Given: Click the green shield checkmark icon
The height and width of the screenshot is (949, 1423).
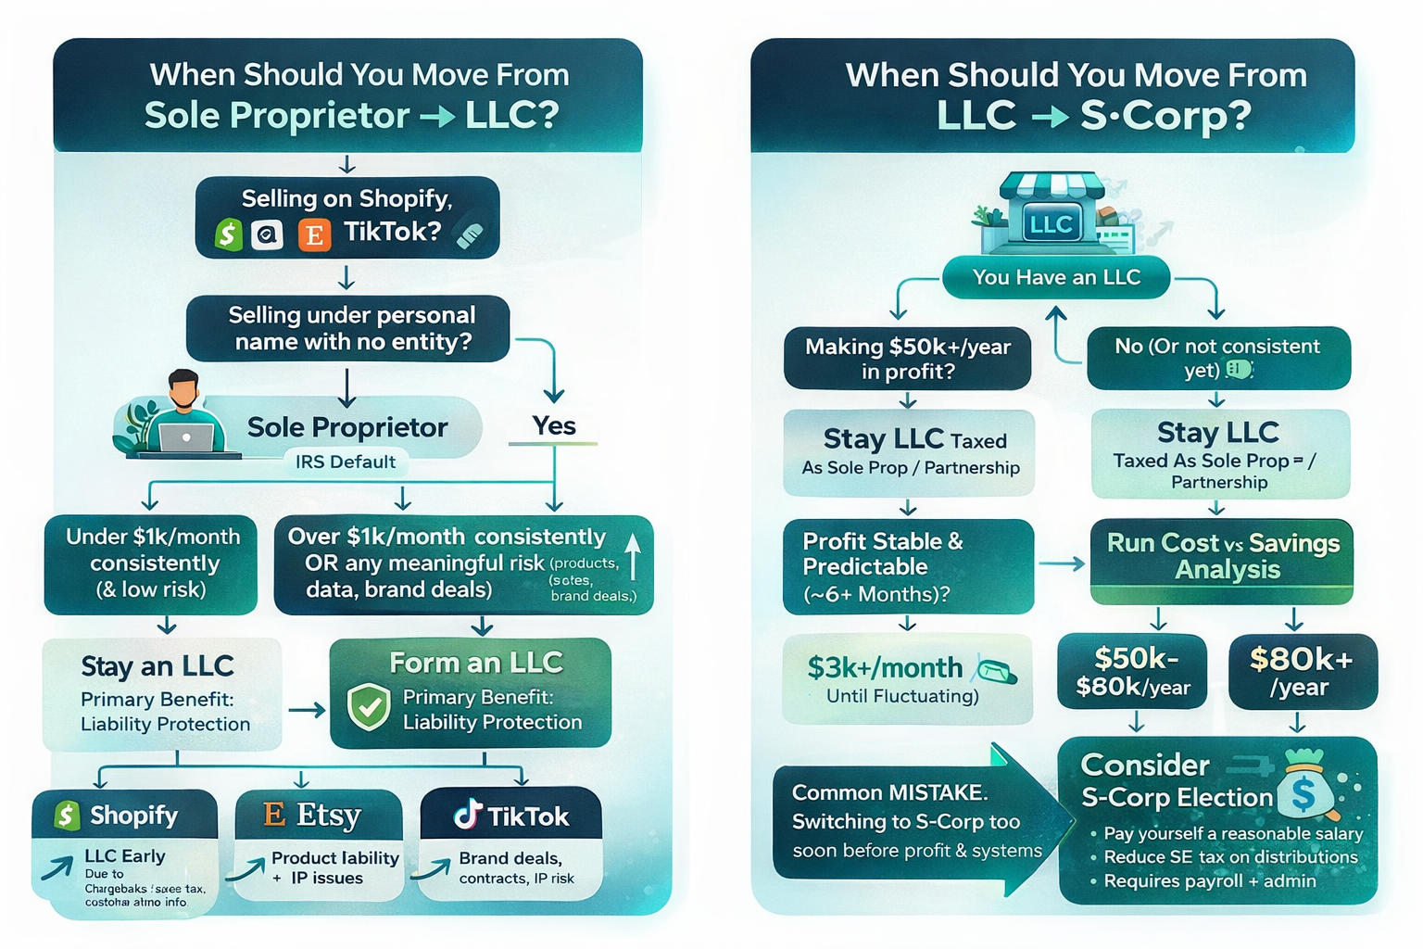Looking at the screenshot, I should (368, 708).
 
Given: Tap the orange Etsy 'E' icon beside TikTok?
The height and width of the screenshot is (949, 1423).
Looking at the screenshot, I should (314, 235).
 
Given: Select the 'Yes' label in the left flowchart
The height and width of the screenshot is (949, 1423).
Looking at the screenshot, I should (554, 425).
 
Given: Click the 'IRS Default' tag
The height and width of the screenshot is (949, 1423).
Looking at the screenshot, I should (345, 462).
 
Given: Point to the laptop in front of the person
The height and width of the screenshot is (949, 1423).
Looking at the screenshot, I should (186, 437).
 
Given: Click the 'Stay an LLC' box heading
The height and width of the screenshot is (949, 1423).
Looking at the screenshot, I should (157, 666).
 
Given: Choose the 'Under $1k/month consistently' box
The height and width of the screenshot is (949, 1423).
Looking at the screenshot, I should (152, 563).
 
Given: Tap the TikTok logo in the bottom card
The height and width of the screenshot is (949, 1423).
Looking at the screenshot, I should (468, 815).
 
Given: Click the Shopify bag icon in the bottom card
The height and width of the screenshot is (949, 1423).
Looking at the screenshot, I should (67, 816).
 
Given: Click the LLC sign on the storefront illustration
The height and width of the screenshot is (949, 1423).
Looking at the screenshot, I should (1051, 224).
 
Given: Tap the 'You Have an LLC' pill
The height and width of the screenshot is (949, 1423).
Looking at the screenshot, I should (1056, 277).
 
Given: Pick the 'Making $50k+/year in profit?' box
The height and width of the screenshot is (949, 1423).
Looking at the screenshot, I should (907, 359).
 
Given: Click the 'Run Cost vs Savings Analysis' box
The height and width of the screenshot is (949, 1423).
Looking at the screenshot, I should (1222, 557).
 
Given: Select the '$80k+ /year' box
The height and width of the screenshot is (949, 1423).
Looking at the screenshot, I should (1302, 672).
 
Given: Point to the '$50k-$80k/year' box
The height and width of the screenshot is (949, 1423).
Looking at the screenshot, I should (1132, 672).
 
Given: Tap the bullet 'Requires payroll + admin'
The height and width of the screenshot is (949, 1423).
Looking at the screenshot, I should (1209, 880).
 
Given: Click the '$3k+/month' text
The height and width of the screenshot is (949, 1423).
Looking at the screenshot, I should (884, 667).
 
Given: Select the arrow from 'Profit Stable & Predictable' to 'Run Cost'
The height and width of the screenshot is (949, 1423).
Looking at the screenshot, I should (1062, 563).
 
